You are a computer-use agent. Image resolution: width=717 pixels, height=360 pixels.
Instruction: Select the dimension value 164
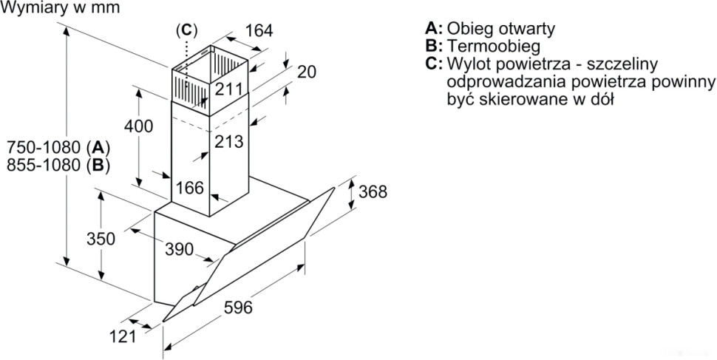259,31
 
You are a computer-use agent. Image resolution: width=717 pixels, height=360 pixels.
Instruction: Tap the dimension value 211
229,89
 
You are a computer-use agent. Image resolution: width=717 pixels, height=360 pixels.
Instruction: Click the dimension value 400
138,126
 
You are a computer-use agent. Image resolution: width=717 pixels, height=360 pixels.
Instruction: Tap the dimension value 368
373,191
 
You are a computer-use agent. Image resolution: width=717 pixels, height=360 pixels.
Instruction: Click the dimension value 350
101,239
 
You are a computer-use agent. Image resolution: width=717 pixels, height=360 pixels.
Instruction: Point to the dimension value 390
178,249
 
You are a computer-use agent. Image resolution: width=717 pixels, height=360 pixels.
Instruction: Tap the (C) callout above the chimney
187,30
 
